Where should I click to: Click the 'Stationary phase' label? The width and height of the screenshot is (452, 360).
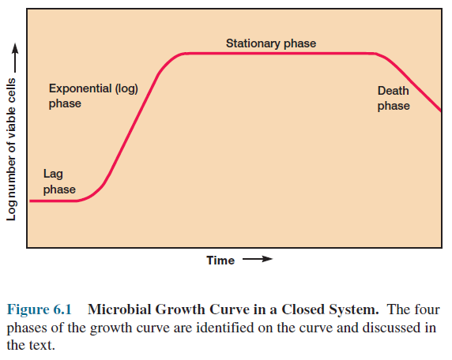270,43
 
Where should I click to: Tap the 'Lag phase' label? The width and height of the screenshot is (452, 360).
59,182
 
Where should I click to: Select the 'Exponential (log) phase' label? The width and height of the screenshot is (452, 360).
92,96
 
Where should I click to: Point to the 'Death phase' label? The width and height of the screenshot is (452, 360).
393,99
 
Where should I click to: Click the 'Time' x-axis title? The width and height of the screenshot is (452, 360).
220,260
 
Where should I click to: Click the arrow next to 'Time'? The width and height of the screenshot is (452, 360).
257,259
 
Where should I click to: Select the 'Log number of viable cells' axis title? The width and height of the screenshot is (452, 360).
11,153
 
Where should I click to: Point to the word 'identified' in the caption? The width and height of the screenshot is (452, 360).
228,327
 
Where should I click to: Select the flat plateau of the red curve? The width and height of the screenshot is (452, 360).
277,53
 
